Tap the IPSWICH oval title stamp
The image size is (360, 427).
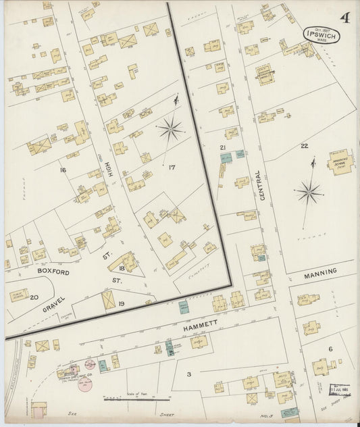[322, 34]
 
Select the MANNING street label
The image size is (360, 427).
[320, 272]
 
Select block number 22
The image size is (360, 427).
[305, 146]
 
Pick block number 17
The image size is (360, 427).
[172, 167]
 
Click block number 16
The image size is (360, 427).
[63, 170]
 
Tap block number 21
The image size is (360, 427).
[222, 147]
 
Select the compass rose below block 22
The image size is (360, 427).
[309, 193]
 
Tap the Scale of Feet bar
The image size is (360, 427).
[126, 399]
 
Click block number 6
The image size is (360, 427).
[330, 349]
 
